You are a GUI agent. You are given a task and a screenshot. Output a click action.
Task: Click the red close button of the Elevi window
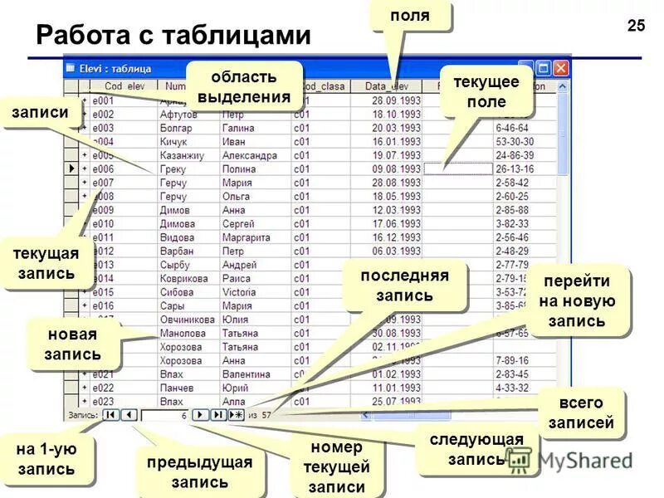561,69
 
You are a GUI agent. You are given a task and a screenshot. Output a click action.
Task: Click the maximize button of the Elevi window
544,69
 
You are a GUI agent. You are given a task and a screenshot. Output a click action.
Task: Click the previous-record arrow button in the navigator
129,414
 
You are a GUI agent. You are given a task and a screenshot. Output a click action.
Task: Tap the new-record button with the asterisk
236,414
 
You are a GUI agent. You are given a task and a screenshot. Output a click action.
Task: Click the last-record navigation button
217,414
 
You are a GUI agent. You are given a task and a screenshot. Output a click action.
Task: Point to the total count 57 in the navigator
266,414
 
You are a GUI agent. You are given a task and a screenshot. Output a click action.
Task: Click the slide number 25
636,26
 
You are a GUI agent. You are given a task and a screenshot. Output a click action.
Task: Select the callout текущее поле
486,91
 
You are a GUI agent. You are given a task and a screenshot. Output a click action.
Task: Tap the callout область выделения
243,86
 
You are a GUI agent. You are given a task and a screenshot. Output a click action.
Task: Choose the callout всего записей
580,413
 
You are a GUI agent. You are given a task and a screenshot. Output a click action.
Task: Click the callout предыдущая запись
199,471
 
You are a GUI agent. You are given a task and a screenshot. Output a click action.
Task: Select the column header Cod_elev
124,86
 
